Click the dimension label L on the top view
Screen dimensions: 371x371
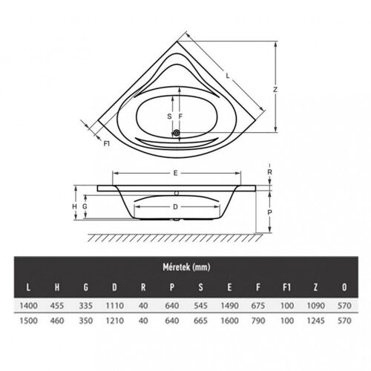click(227, 73)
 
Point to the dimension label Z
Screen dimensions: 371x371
click(275, 89)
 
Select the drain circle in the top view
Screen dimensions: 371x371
click(177, 134)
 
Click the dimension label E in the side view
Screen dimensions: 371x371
click(175, 173)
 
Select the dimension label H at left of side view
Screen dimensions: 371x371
click(75, 206)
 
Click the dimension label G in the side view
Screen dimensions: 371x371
click(86, 206)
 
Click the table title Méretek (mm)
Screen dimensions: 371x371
click(185, 266)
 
